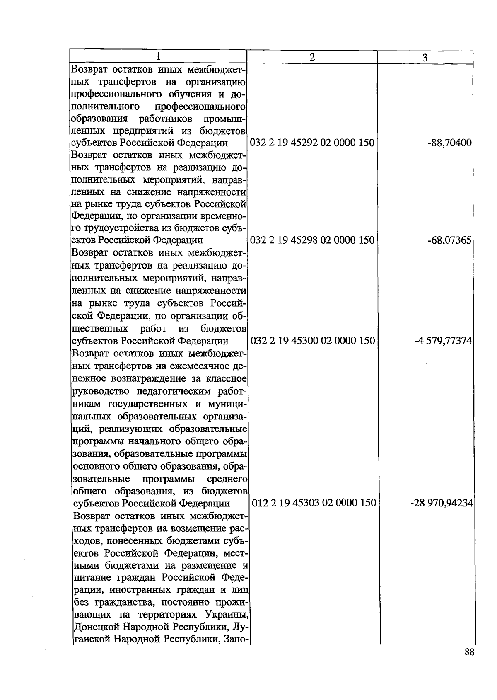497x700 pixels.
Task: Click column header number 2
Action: click(x=312, y=58)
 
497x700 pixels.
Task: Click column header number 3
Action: click(x=425, y=58)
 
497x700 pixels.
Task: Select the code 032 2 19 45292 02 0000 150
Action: click(x=312, y=143)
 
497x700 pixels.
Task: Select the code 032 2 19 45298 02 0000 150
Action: click(x=312, y=240)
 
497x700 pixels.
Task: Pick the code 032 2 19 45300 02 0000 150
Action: click(x=312, y=341)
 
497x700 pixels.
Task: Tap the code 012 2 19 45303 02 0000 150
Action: click(x=314, y=503)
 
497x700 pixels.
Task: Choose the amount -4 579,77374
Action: click(x=443, y=341)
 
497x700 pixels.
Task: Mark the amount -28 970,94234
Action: click(x=442, y=503)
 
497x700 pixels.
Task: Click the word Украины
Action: click(x=226, y=615)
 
